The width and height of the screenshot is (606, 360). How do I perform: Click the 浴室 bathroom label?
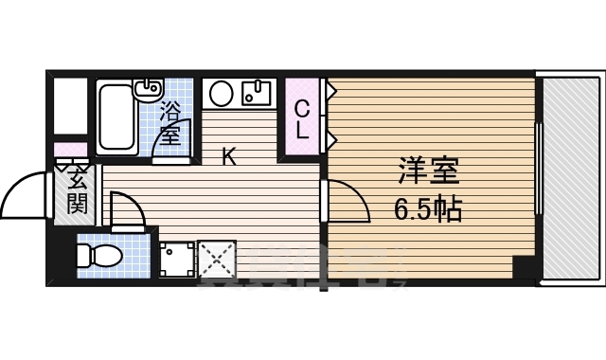[170, 122]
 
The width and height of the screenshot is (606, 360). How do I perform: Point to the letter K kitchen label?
[228, 157]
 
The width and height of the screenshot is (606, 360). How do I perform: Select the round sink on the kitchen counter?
[222, 93]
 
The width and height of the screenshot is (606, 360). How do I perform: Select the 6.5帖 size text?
[427, 209]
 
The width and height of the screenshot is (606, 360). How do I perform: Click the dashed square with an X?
[216, 259]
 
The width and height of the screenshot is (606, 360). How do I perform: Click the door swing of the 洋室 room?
[347, 202]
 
